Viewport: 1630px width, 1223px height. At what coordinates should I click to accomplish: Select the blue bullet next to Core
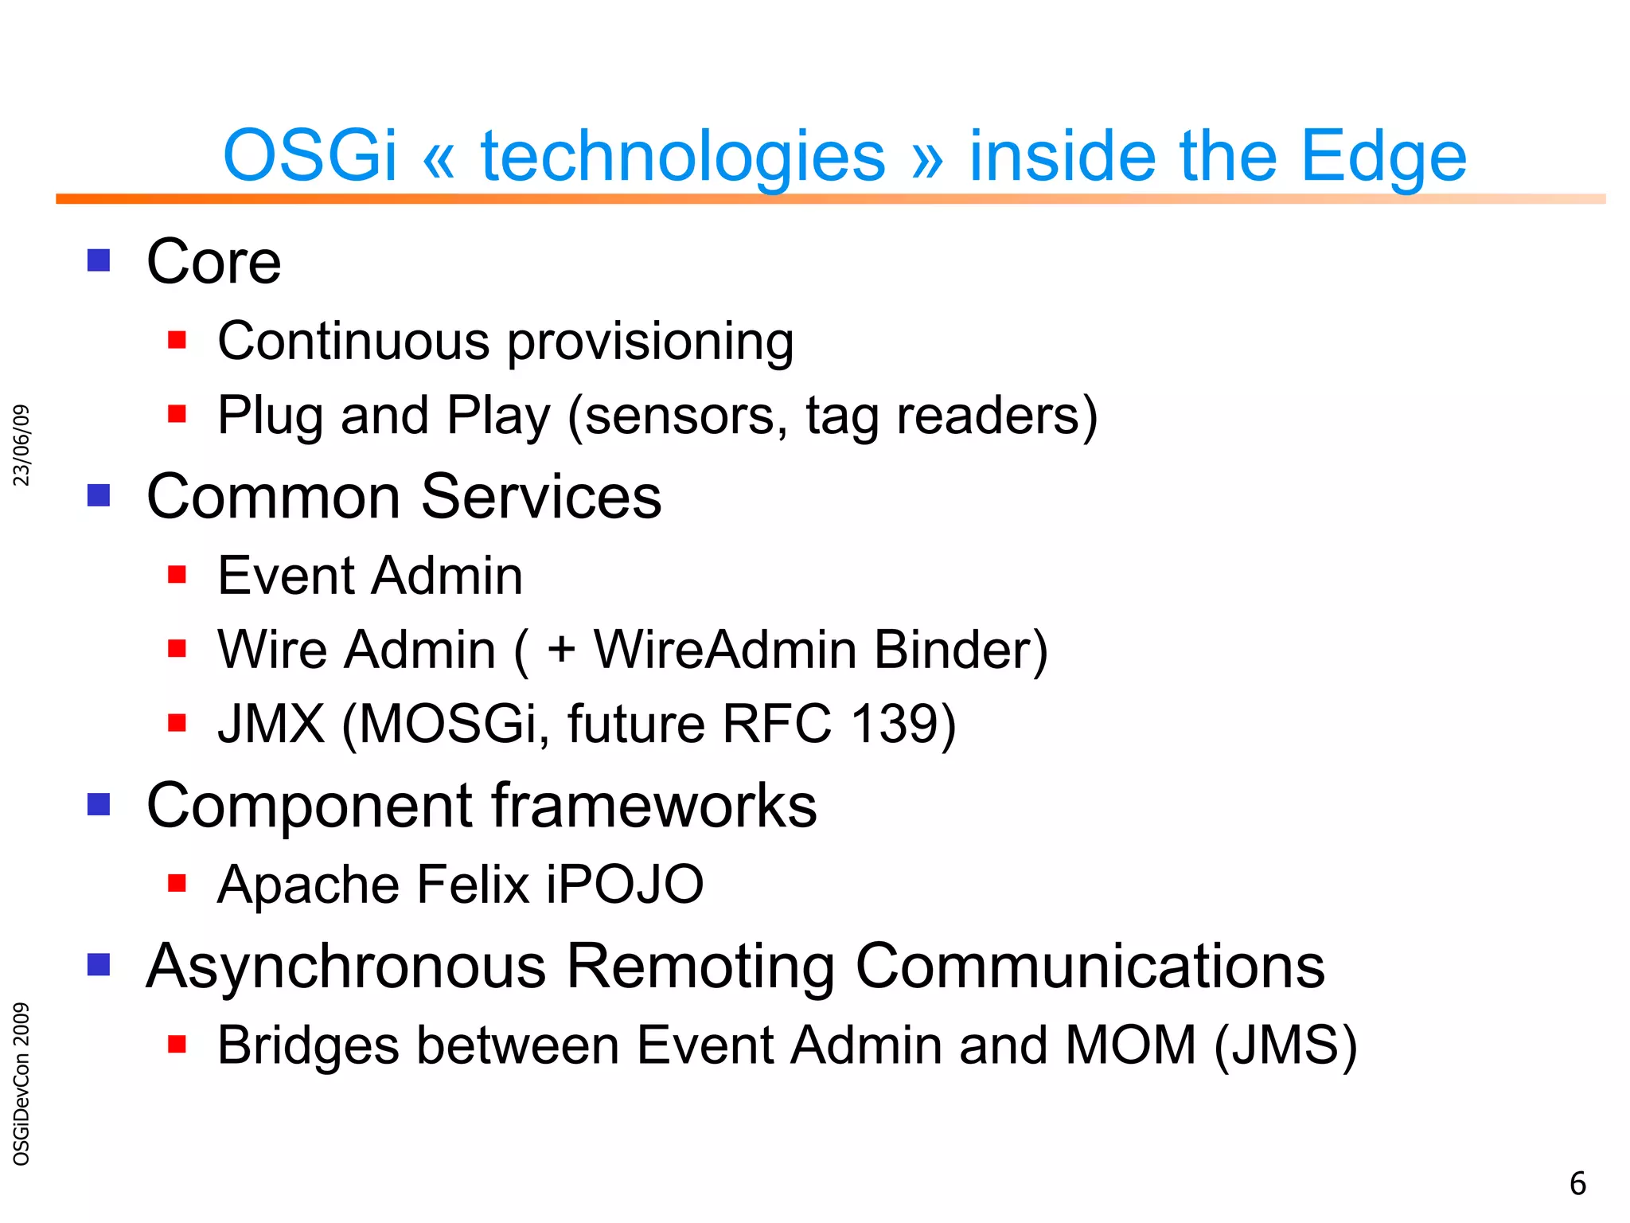(99, 260)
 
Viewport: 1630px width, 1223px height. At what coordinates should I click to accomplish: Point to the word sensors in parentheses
(685, 416)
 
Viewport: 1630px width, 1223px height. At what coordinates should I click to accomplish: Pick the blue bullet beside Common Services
(99, 495)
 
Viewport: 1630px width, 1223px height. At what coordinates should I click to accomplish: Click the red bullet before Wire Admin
(177, 648)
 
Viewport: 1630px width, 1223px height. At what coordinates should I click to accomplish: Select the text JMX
(271, 723)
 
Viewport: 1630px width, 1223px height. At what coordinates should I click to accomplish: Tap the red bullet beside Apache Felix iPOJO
(177, 882)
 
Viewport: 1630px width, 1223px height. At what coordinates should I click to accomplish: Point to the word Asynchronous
(346, 967)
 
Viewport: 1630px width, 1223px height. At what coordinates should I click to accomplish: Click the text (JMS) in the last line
(1286, 1045)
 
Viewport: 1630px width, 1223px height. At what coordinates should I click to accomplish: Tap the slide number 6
(1577, 1184)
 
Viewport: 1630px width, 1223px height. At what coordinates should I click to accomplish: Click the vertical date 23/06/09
(22, 445)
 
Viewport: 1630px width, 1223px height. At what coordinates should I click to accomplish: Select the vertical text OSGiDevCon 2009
(22, 1083)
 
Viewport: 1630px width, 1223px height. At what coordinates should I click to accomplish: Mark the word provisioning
(650, 342)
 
